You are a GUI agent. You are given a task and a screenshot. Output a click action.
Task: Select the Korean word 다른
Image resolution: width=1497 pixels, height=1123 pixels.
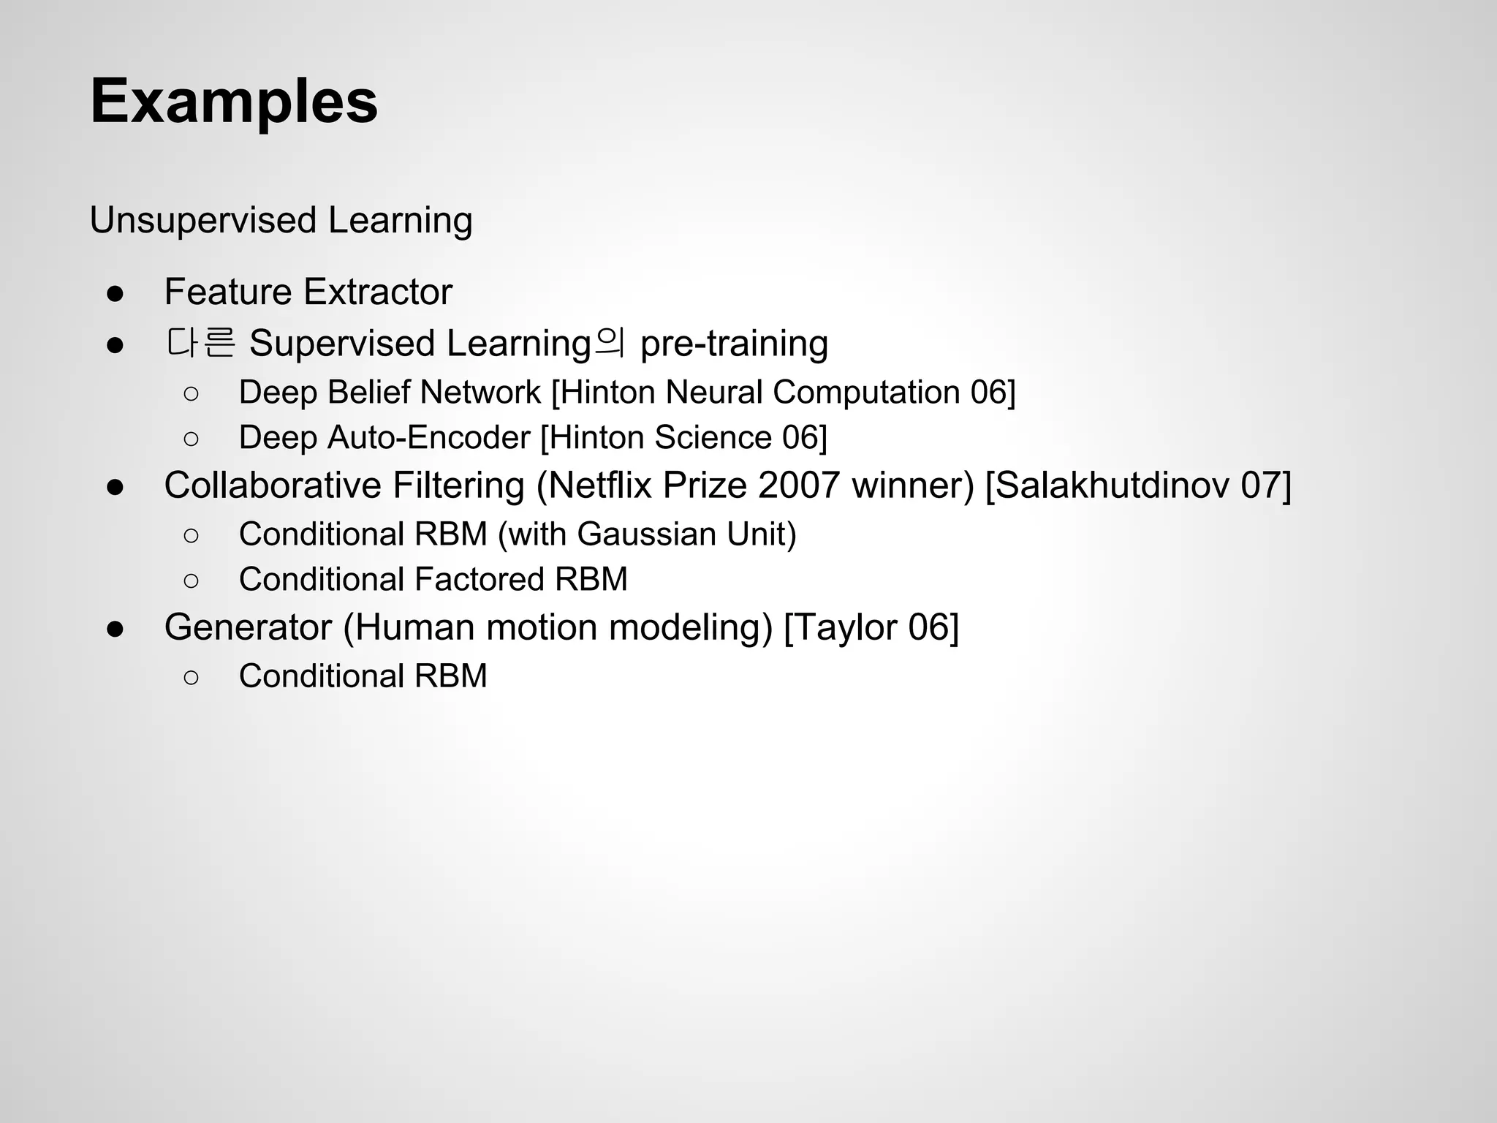pyautogui.click(x=200, y=343)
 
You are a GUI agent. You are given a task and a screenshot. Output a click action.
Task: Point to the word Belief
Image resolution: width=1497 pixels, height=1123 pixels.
pyautogui.click(x=368, y=393)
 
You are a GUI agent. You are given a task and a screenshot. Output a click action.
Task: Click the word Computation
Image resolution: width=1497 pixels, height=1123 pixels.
pyautogui.click(x=866, y=393)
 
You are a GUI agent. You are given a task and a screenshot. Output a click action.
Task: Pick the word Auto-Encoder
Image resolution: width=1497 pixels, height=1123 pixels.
pyautogui.click(x=428, y=438)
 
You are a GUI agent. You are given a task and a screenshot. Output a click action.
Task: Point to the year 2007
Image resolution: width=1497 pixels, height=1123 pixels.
pyautogui.click(x=798, y=485)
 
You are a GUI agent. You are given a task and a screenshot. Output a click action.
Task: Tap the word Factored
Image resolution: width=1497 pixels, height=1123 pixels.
pyautogui.click(x=479, y=580)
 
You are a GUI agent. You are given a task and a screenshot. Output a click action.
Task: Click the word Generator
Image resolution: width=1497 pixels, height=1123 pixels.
pyautogui.click(x=248, y=627)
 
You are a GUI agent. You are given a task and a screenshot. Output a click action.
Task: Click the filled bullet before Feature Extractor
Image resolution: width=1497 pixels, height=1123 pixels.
pyautogui.click(x=115, y=294)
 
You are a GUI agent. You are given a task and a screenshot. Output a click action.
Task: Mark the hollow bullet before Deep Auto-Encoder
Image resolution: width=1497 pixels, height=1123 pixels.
pyautogui.click(x=191, y=439)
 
